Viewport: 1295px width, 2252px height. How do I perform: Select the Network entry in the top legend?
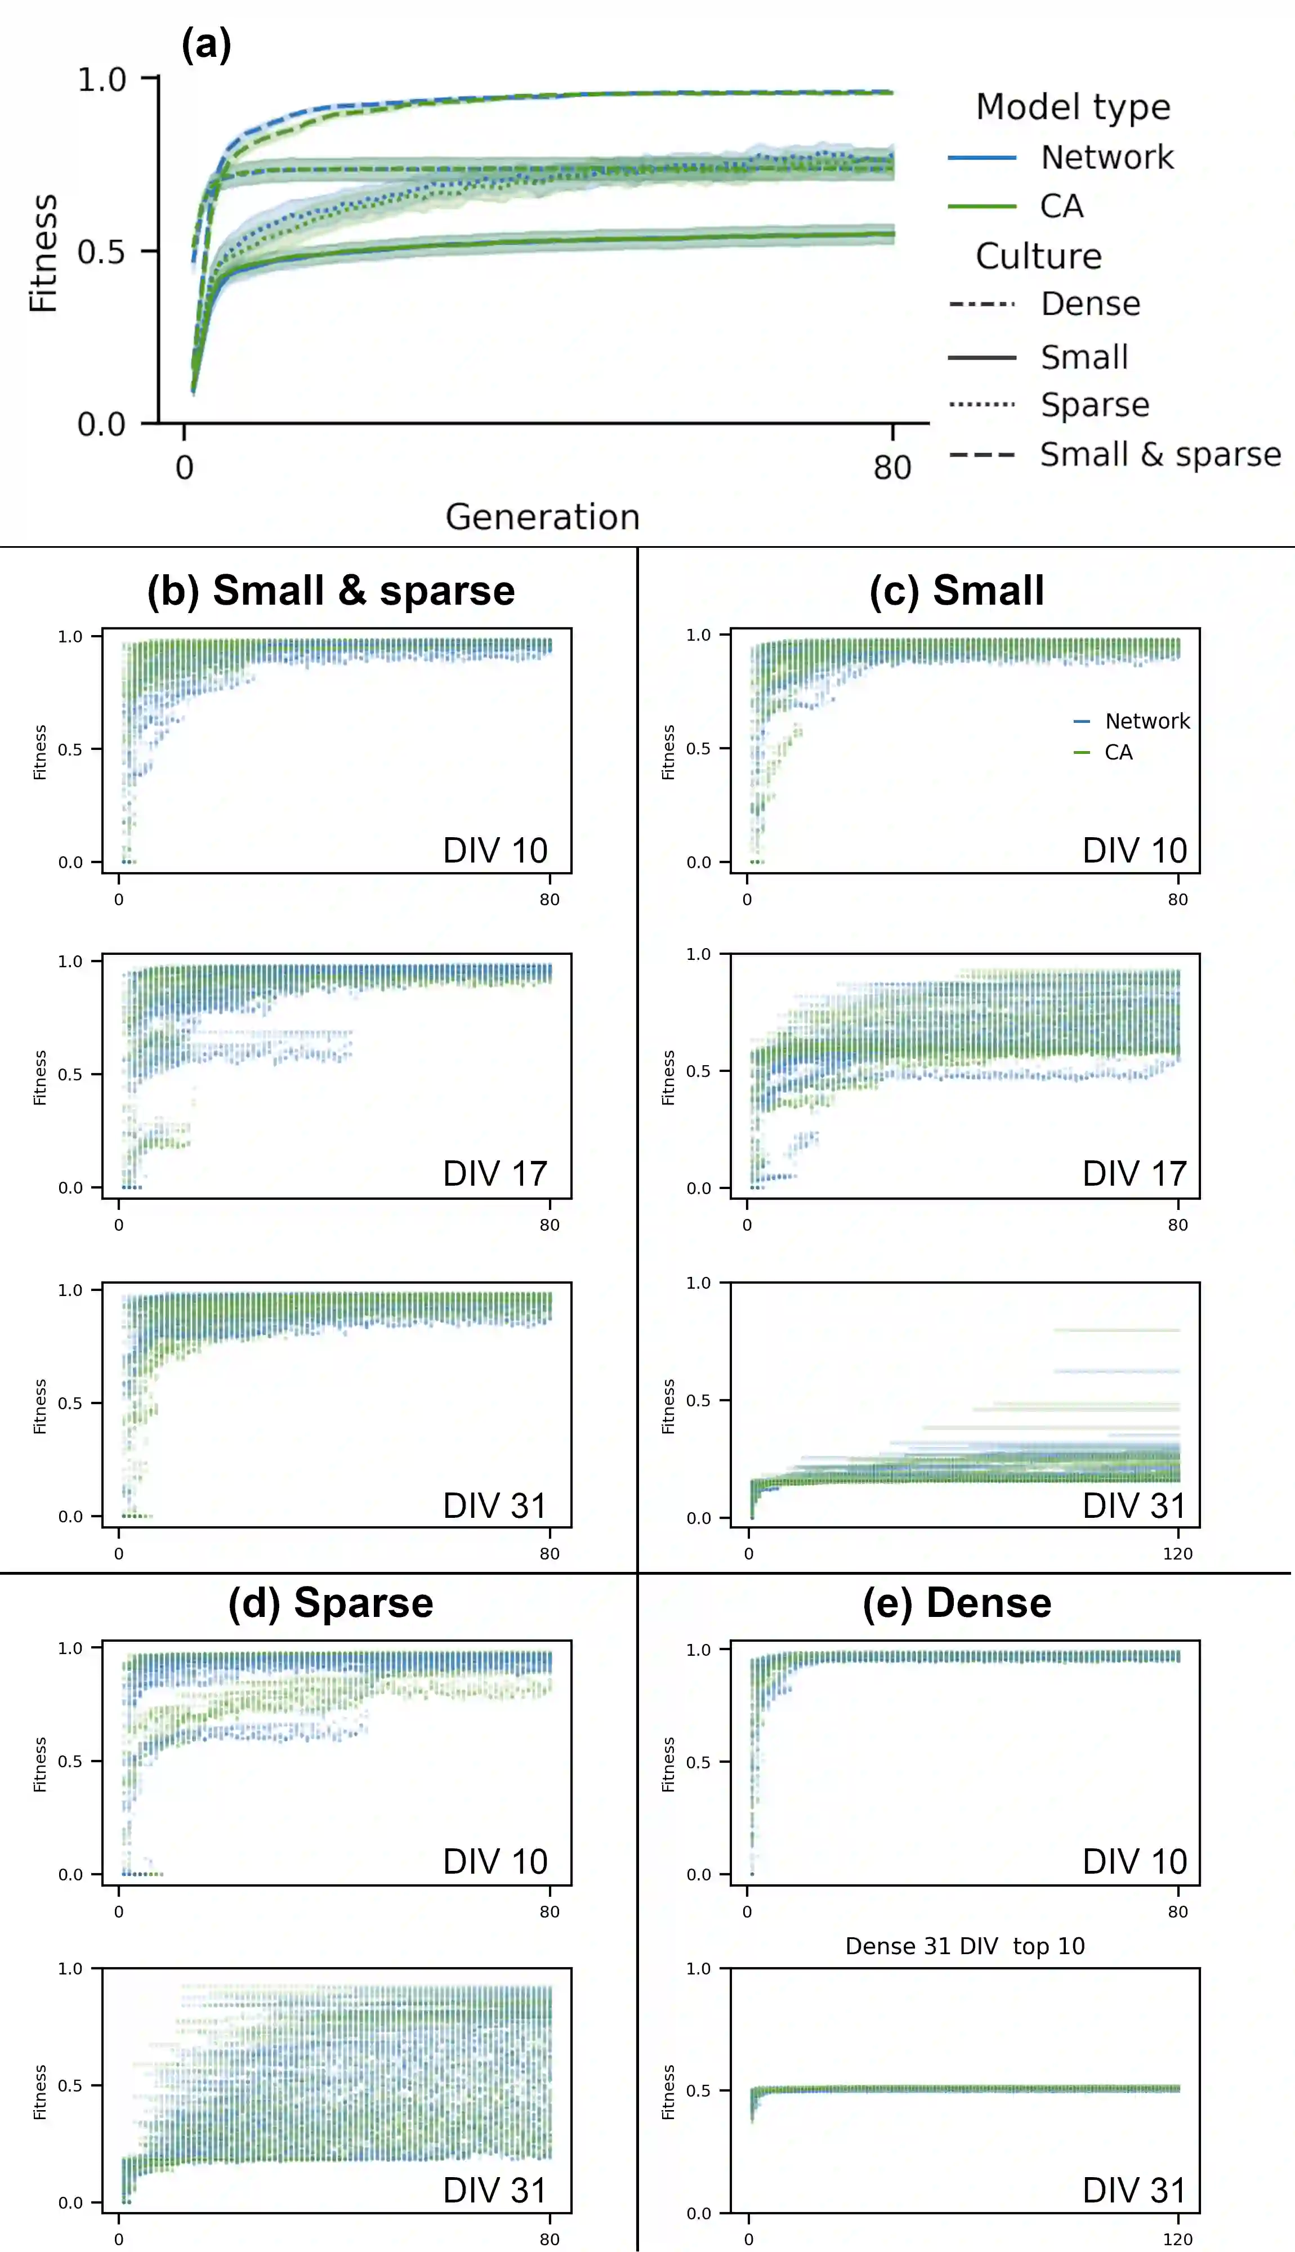[1106, 158]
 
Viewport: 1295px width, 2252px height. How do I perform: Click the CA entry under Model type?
[1061, 206]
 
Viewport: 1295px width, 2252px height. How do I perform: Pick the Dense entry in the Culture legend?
[1091, 304]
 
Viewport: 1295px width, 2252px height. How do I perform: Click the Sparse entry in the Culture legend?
[1095, 405]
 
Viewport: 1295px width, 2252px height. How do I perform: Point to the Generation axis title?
[543, 516]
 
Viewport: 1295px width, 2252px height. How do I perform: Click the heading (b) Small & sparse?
[331, 591]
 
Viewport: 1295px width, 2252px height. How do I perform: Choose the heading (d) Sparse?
[331, 1603]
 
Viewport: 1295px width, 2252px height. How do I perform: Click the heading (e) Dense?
[957, 1603]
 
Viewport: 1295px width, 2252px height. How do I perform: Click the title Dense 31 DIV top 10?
[965, 1946]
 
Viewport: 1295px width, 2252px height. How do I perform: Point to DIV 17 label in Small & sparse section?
[495, 1173]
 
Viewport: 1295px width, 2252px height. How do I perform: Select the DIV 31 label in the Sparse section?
[495, 2190]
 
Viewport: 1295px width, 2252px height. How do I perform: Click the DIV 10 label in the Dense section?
[1135, 1861]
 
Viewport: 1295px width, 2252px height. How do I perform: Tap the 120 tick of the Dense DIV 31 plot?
[1177, 2238]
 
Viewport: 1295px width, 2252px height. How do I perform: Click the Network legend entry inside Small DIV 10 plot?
[1146, 721]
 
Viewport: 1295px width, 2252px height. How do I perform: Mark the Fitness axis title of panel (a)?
[43, 253]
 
